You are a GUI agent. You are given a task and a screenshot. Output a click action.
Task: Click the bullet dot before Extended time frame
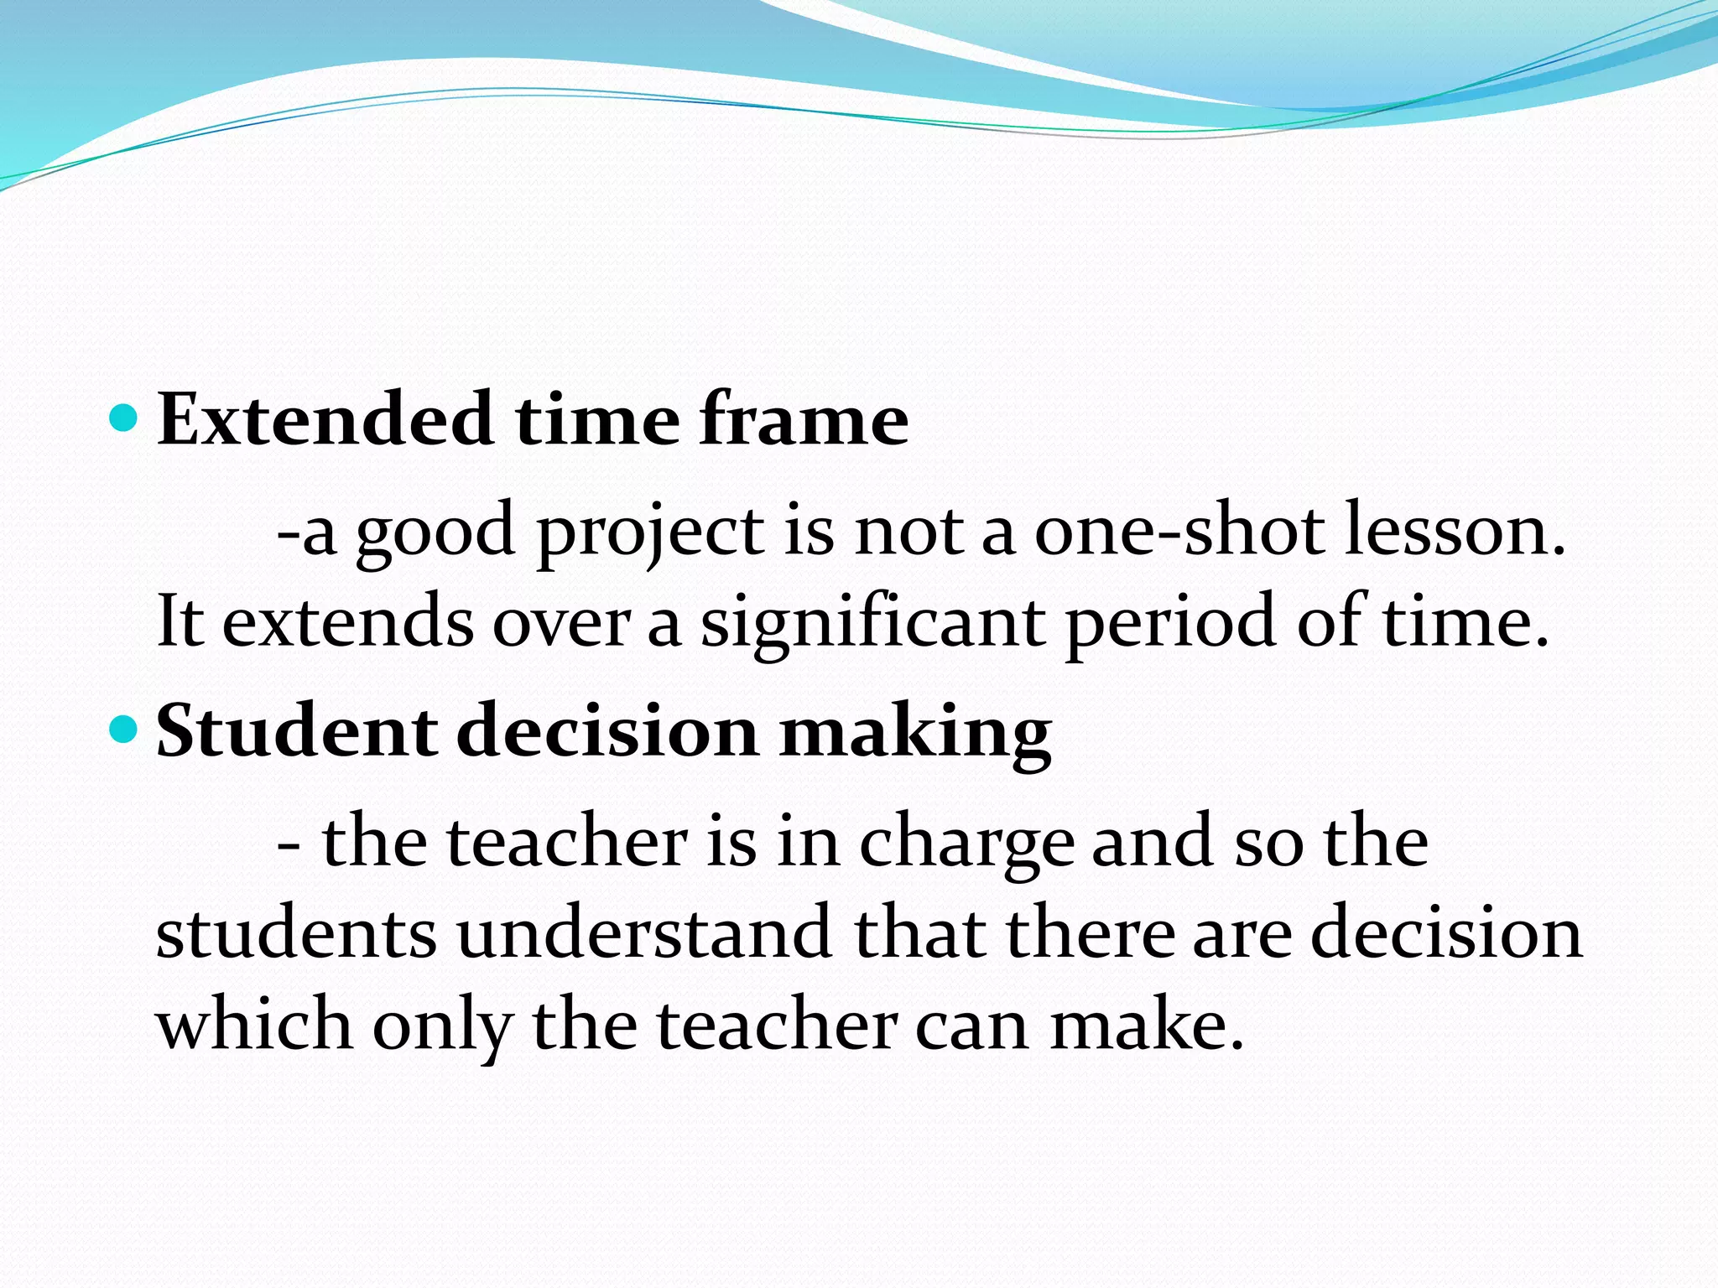(x=123, y=417)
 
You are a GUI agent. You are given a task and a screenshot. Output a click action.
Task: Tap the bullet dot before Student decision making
(x=123, y=730)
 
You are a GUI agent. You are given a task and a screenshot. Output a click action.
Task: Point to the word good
(x=435, y=533)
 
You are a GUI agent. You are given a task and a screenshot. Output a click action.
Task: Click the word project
(x=650, y=533)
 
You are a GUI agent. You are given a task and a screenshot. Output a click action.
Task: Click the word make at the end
(x=1146, y=1025)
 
